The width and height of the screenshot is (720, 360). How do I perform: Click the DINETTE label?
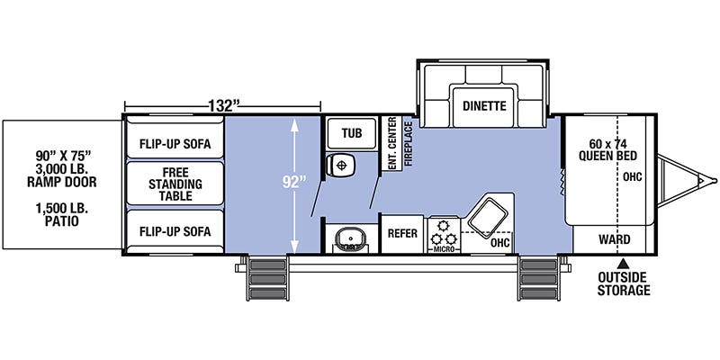click(485, 105)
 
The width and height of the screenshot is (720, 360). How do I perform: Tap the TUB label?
click(351, 133)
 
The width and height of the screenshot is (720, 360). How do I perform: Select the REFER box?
click(401, 231)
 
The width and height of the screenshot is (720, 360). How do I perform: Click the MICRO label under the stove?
click(443, 248)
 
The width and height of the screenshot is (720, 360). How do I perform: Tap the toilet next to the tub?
click(341, 166)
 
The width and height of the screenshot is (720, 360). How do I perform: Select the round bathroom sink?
click(346, 238)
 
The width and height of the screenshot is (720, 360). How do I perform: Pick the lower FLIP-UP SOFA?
click(175, 230)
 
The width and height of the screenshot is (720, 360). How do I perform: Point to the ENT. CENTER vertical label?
click(392, 145)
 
